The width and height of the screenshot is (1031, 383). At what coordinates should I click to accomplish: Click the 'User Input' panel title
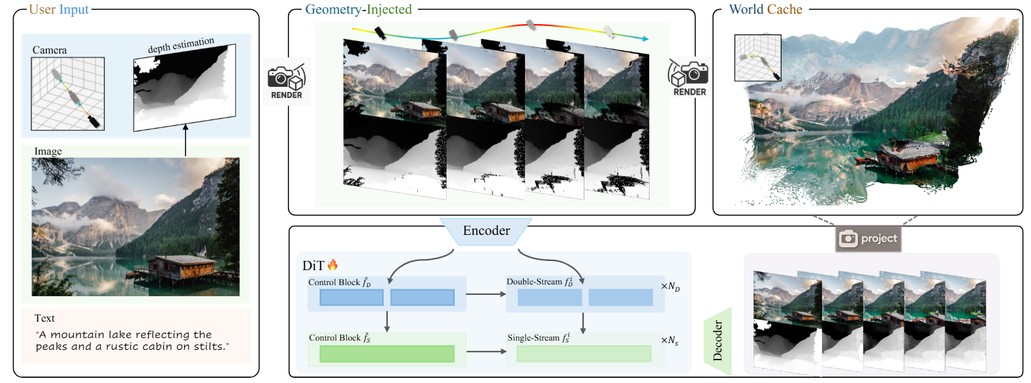tap(59, 10)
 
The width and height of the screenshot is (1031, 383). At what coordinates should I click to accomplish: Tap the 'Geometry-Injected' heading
tap(358, 10)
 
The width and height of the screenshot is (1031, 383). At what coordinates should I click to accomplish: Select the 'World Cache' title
tap(765, 10)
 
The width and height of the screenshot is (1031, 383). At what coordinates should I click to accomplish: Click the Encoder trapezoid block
tap(486, 231)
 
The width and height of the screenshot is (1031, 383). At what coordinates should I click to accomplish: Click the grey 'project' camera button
tap(868, 239)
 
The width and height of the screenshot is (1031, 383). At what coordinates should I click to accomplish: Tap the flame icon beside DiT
tap(333, 265)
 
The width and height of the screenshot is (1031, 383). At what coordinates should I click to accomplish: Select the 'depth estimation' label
tap(181, 45)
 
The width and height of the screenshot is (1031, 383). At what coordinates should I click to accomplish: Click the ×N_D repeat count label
tap(670, 286)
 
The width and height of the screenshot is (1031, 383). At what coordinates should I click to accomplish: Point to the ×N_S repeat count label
tap(669, 341)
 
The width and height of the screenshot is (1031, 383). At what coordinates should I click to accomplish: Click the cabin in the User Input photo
tap(182, 268)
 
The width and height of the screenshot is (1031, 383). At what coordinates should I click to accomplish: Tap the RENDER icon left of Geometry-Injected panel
tap(287, 82)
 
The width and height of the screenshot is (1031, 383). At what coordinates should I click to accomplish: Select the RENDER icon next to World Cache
tap(689, 78)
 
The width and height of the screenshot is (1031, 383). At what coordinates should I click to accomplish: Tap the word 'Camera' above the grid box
tap(50, 50)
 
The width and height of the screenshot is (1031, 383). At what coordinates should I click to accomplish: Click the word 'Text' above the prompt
tap(44, 318)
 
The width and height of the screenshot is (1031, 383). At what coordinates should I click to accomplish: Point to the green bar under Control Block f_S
tap(387, 354)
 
